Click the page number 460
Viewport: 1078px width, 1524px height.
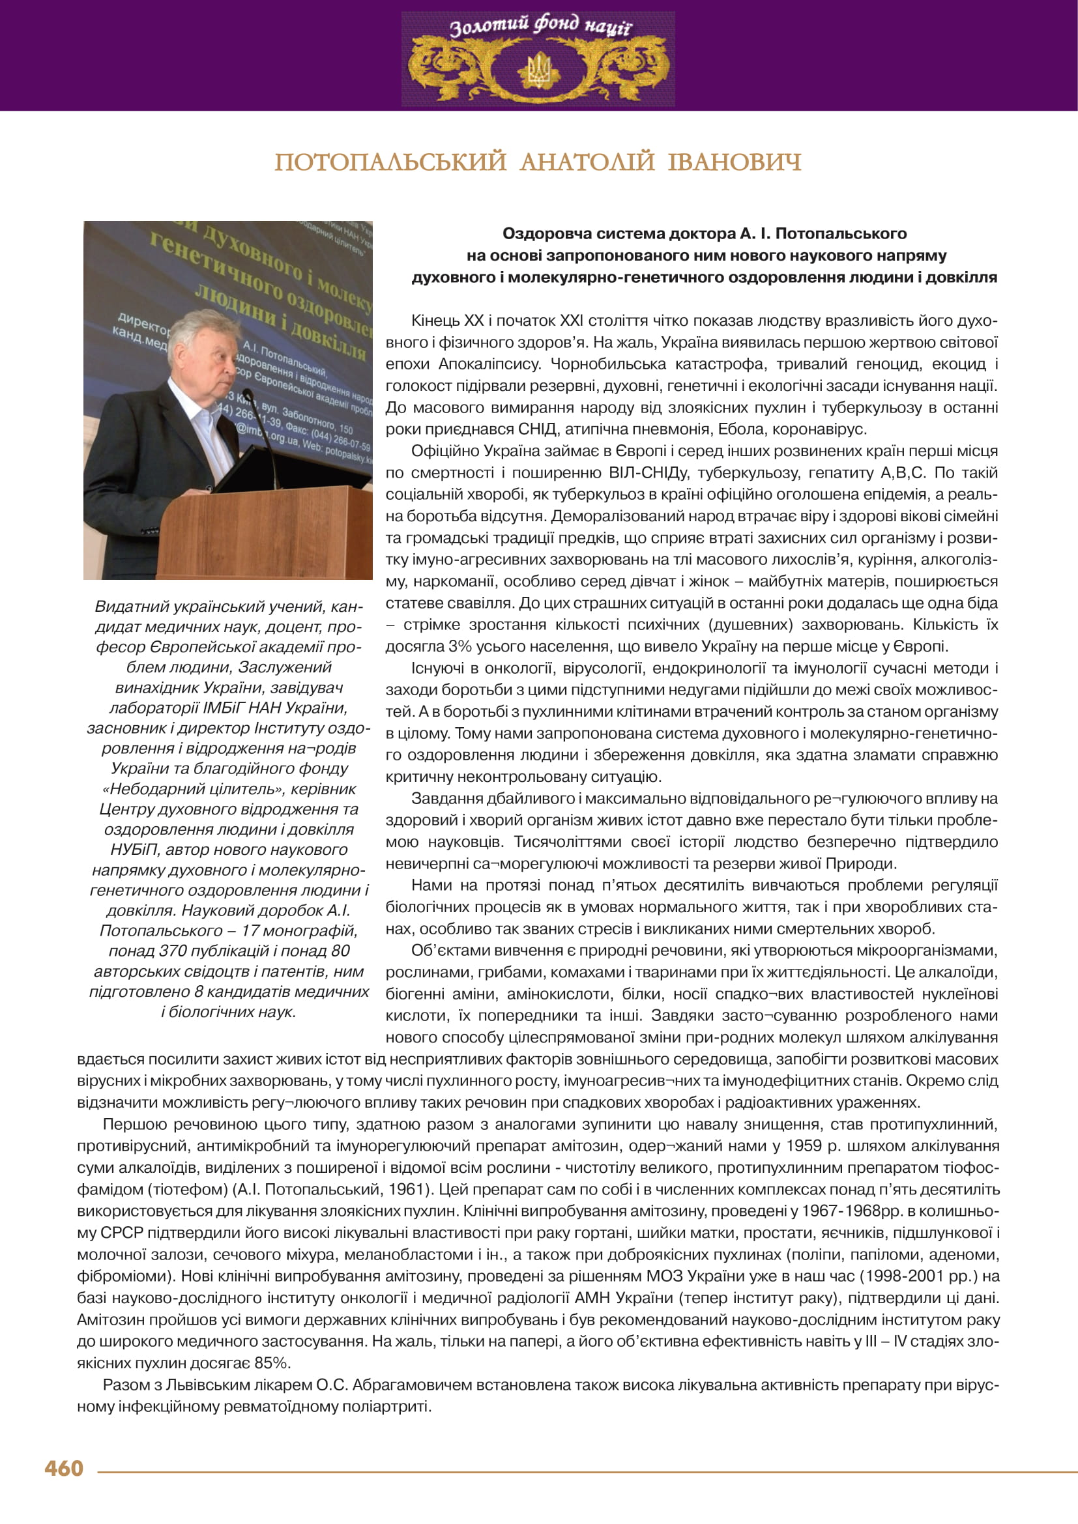64,1467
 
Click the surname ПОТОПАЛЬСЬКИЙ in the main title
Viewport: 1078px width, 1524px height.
390,162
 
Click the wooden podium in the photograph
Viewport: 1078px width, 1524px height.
265,531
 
